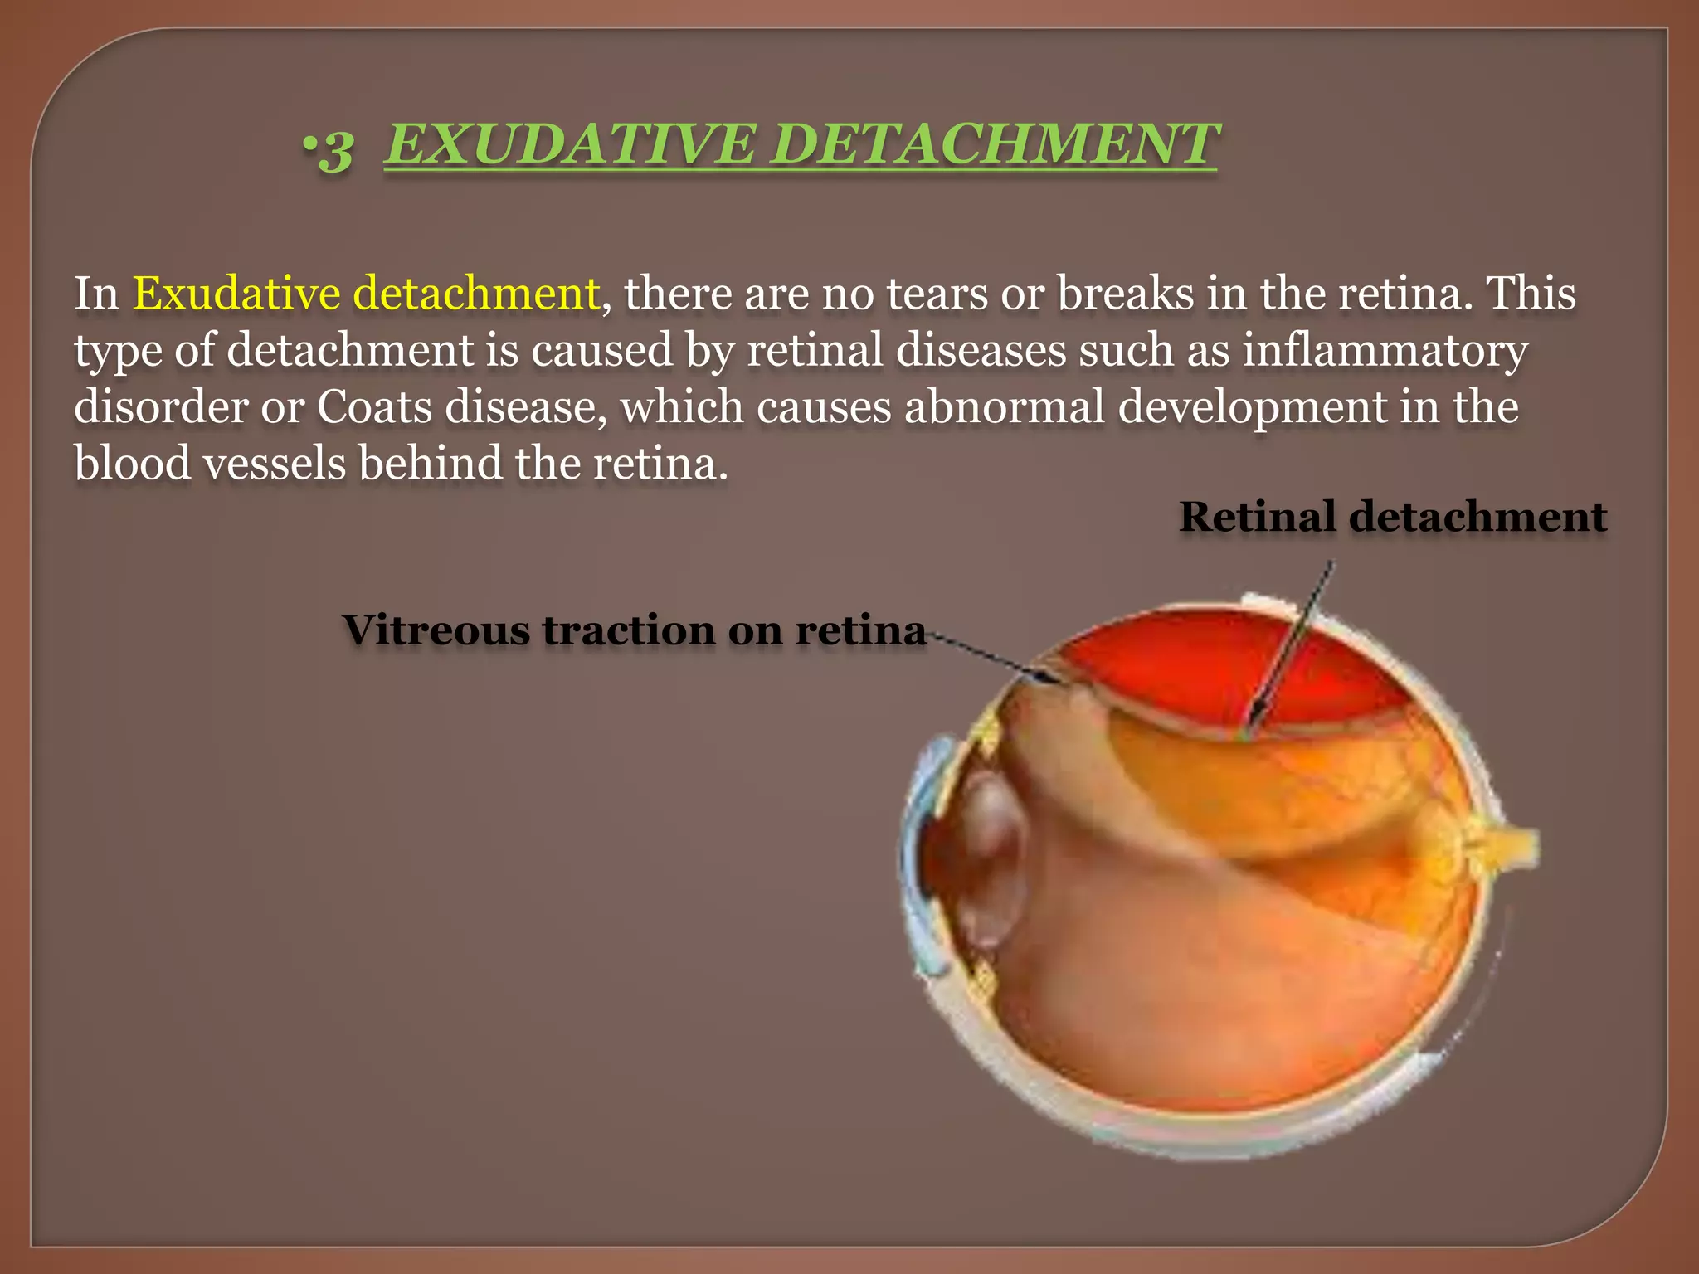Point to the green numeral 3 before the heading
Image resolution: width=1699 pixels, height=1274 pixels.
pyautogui.click(x=335, y=151)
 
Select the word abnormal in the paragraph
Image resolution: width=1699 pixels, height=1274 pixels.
pyautogui.click(x=1004, y=406)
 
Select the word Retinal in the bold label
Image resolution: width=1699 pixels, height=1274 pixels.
pyautogui.click(x=1258, y=516)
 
